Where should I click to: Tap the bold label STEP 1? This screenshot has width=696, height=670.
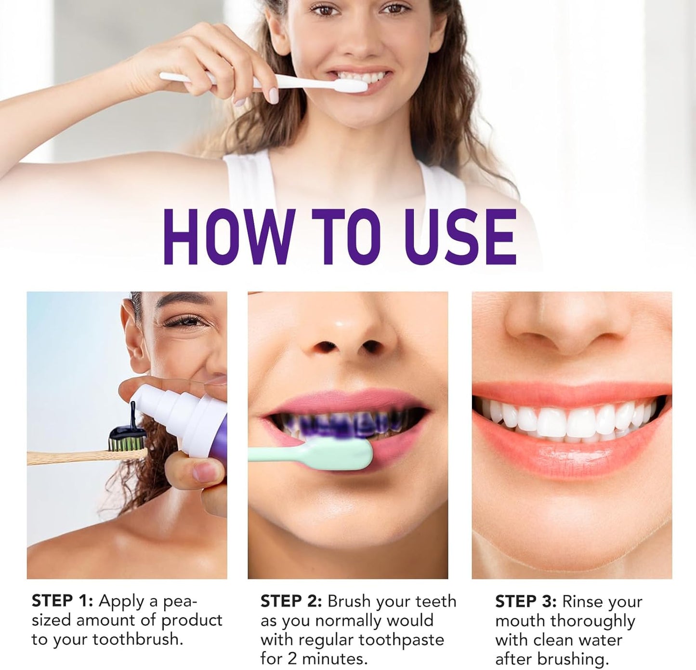(62, 601)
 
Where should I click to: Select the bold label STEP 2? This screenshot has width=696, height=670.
(291, 601)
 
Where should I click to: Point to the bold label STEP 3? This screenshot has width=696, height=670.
(525, 602)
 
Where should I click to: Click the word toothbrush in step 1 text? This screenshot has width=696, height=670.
(138, 640)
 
